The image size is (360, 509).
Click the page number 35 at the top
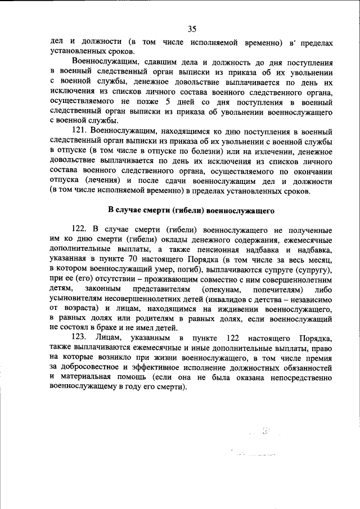(x=192, y=29)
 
